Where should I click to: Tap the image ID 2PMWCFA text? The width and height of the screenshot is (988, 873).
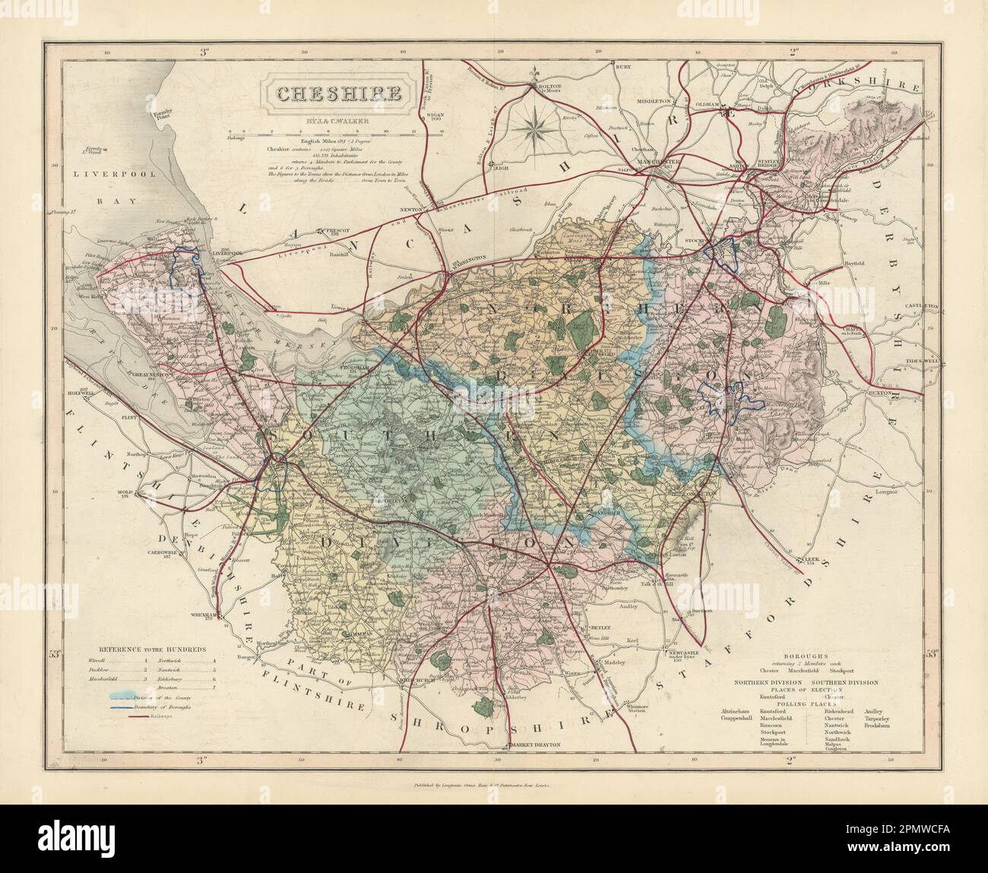coord(951,859)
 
